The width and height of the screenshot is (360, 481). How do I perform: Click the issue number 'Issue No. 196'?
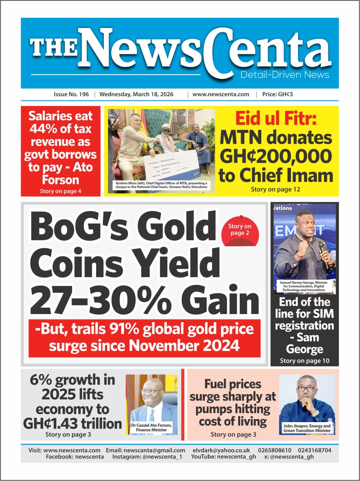(71, 95)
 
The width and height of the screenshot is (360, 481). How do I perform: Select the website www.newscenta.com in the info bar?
(221, 95)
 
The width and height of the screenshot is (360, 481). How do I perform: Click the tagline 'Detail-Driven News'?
(284, 75)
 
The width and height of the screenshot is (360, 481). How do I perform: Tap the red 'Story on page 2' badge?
(240, 230)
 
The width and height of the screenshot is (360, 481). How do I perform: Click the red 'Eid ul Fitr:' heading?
(275, 119)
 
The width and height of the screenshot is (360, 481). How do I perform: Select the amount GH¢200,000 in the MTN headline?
(275, 157)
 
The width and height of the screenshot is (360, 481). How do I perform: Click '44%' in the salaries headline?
(40, 128)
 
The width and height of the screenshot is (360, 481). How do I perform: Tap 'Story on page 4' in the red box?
(61, 191)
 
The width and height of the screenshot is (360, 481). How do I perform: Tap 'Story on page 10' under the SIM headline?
(305, 361)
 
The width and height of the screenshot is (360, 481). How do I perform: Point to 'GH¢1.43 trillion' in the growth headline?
(72, 423)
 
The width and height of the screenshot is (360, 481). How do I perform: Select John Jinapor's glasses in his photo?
(306, 389)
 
